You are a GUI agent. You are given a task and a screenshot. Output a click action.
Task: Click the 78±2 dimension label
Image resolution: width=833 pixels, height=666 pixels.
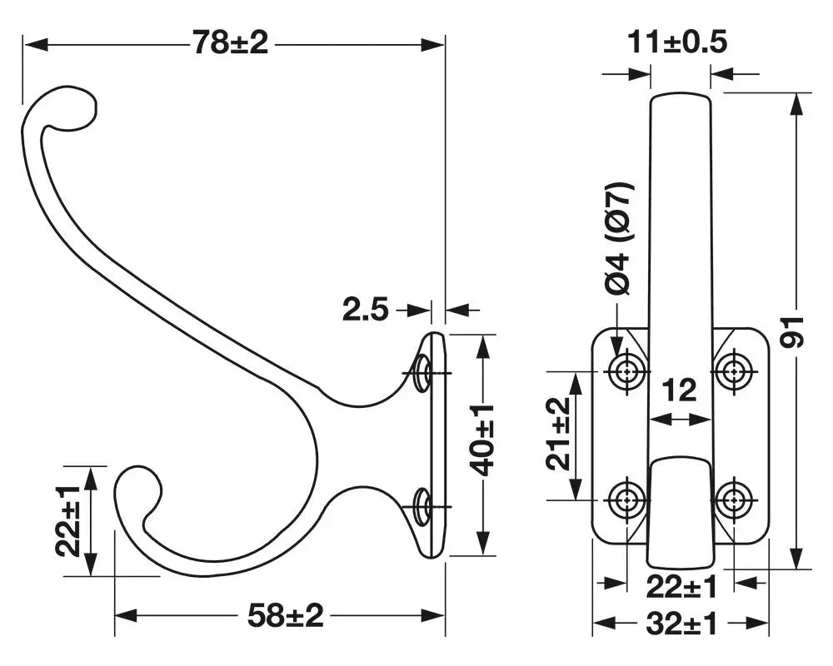point(231,43)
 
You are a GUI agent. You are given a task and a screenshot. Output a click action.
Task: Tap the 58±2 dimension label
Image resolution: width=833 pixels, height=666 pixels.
point(285,616)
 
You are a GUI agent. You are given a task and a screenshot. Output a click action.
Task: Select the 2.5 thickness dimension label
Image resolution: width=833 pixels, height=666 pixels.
point(366,310)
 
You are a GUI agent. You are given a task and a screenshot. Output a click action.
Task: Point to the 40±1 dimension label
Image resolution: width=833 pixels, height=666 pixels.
point(482,440)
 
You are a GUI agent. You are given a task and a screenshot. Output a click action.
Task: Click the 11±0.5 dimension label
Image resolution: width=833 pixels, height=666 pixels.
point(677,42)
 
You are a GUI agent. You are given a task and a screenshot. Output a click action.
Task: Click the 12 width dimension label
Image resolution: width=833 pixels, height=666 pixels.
point(680,391)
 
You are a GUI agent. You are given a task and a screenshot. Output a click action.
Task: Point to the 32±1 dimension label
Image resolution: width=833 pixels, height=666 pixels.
point(681,624)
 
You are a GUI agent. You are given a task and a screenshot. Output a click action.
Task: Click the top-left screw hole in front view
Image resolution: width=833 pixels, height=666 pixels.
point(627,371)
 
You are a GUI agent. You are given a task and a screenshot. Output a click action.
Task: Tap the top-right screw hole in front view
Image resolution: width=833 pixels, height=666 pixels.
point(735,371)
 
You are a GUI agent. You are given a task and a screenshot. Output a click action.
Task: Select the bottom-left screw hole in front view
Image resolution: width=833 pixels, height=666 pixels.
point(627,499)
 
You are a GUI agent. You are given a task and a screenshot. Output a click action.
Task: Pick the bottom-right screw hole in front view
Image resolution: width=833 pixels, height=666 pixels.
point(735,499)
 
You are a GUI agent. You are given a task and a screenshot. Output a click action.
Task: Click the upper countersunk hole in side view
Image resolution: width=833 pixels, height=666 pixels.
point(422,372)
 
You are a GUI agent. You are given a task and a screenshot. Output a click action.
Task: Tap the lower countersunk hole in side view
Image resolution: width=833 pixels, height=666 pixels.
point(422,506)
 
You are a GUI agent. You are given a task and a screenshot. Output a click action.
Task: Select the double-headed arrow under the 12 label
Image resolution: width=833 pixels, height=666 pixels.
point(680,420)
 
